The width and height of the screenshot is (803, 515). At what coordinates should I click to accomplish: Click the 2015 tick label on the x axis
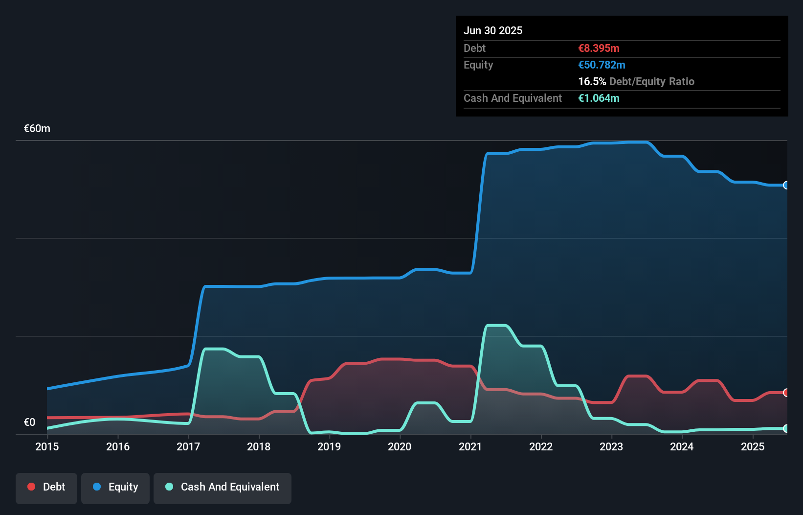(x=47, y=446)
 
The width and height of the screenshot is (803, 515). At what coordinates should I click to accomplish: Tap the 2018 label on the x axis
(x=259, y=446)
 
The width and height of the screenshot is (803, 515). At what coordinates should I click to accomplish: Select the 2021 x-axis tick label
(x=470, y=446)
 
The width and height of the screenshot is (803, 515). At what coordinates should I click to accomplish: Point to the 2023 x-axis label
(x=611, y=446)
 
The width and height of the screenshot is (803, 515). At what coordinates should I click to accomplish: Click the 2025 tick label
(x=753, y=446)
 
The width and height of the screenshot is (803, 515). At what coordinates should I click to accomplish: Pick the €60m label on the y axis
(x=37, y=129)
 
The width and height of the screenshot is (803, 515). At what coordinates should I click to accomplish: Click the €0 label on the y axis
(x=29, y=422)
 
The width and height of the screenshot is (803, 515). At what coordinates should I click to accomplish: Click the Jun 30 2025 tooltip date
(x=493, y=30)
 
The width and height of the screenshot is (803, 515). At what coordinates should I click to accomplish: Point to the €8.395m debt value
(x=599, y=48)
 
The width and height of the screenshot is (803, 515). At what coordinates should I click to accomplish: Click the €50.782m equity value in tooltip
(x=602, y=65)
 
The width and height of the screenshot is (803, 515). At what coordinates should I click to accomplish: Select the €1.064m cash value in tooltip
(x=599, y=98)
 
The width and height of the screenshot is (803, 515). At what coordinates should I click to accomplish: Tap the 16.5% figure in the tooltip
(x=592, y=81)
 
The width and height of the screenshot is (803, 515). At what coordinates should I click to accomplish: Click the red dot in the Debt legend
(x=31, y=487)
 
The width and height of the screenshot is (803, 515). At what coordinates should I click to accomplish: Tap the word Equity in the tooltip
(x=478, y=65)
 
